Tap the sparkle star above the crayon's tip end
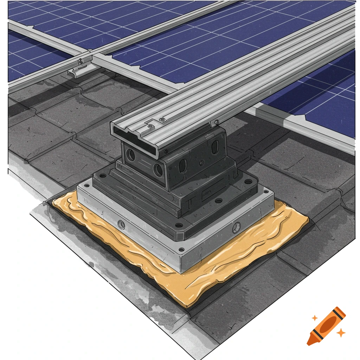[x=315, y=318]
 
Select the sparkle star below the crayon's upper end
[x=340, y=332]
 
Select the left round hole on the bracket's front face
[x=131, y=155]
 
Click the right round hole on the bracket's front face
[x=158, y=170]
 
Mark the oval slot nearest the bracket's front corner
[x=182, y=166]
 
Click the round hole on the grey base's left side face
[x=121, y=225]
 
